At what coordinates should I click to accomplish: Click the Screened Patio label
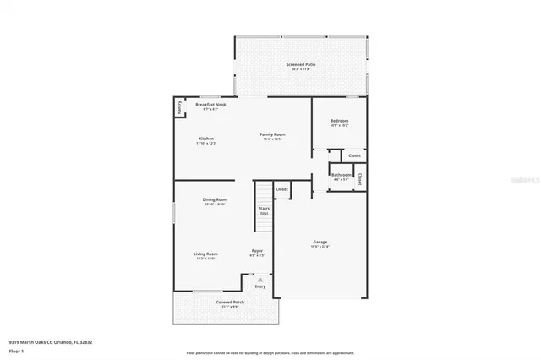click(x=300, y=64)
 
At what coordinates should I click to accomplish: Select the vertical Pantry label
click(x=179, y=107)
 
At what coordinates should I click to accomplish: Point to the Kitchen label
click(x=206, y=139)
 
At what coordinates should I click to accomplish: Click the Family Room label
click(x=272, y=134)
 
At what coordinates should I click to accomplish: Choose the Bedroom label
click(x=339, y=121)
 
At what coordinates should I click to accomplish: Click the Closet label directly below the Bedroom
click(x=355, y=155)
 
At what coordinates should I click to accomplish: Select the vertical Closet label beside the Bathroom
click(x=360, y=178)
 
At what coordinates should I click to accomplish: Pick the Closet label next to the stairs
click(x=282, y=189)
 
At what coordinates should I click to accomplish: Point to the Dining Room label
click(x=215, y=199)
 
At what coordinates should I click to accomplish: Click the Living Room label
click(x=206, y=254)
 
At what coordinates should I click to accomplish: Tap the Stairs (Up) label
click(x=264, y=210)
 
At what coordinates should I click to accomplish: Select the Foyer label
click(x=257, y=250)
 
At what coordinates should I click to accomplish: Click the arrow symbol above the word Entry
click(x=260, y=279)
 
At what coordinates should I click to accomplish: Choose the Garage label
click(x=320, y=243)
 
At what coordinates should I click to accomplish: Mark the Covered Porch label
click(x=208, y=303)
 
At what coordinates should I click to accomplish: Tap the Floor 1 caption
click(x=16, y=350)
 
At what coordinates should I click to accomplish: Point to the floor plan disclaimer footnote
click(x=270, y=353)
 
